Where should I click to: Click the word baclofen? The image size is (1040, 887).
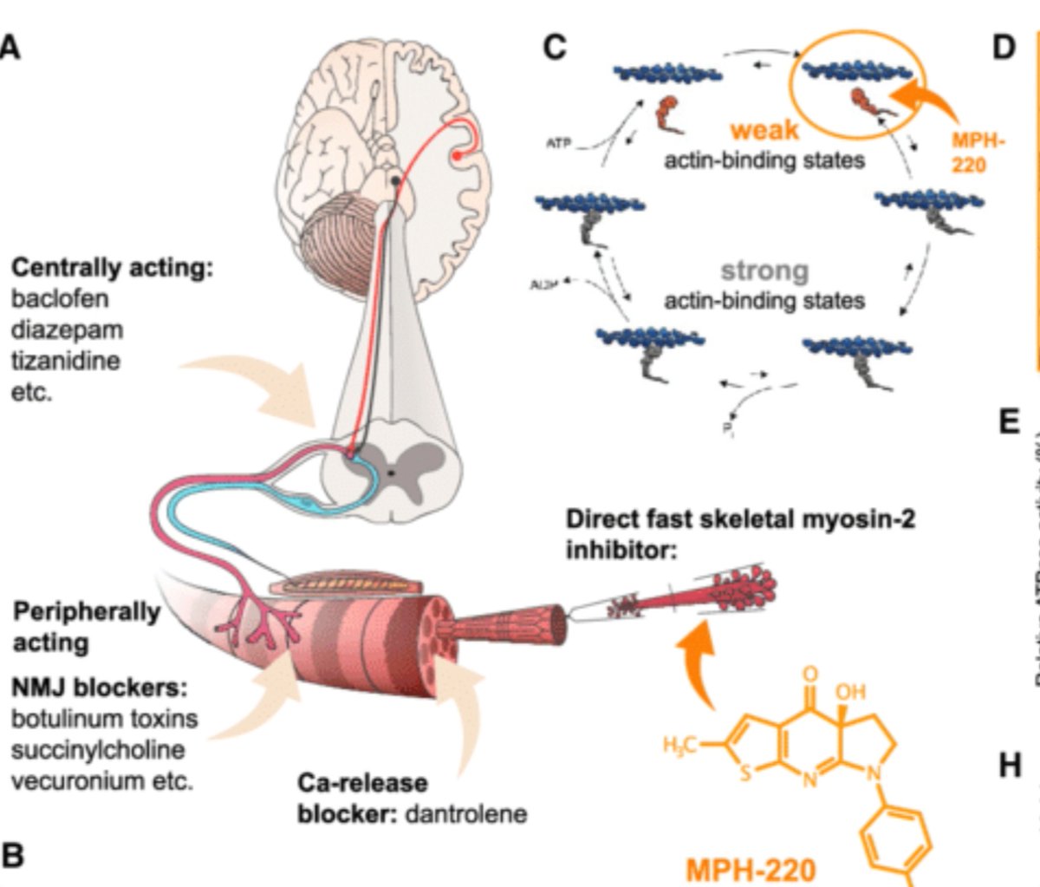tap(60, 299)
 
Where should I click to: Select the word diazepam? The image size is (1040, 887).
tap(66, 330)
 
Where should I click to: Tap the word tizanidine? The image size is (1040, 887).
tap(65, 361)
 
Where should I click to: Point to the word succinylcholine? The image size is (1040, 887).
tap(97, 749)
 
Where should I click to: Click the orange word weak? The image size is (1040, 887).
tap(764, 130)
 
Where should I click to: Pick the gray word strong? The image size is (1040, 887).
tap(764, 271)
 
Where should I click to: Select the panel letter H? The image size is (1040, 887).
tap(1009, 766)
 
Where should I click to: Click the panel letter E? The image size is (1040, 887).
tap(1009, 422)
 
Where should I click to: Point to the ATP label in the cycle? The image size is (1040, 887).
tap(559, 143)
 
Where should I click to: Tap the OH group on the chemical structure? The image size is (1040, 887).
tap(850, 692)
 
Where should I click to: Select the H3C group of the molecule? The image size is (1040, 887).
tap(681, 744)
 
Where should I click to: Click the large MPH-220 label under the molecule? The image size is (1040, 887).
tap(751, 868)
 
